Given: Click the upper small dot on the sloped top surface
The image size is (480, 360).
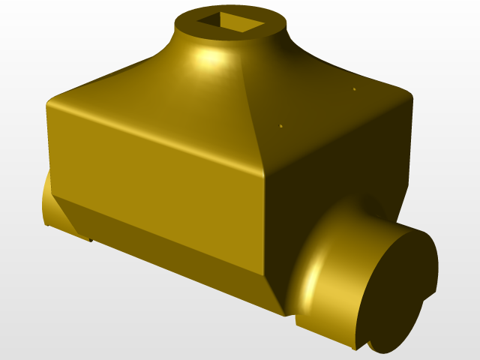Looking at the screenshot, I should point(354,89).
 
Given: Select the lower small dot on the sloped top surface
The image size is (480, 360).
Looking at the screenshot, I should point(281,126).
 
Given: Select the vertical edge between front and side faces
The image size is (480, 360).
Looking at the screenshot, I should point(265,225).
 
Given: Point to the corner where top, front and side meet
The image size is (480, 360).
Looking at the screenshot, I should point(265,174).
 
